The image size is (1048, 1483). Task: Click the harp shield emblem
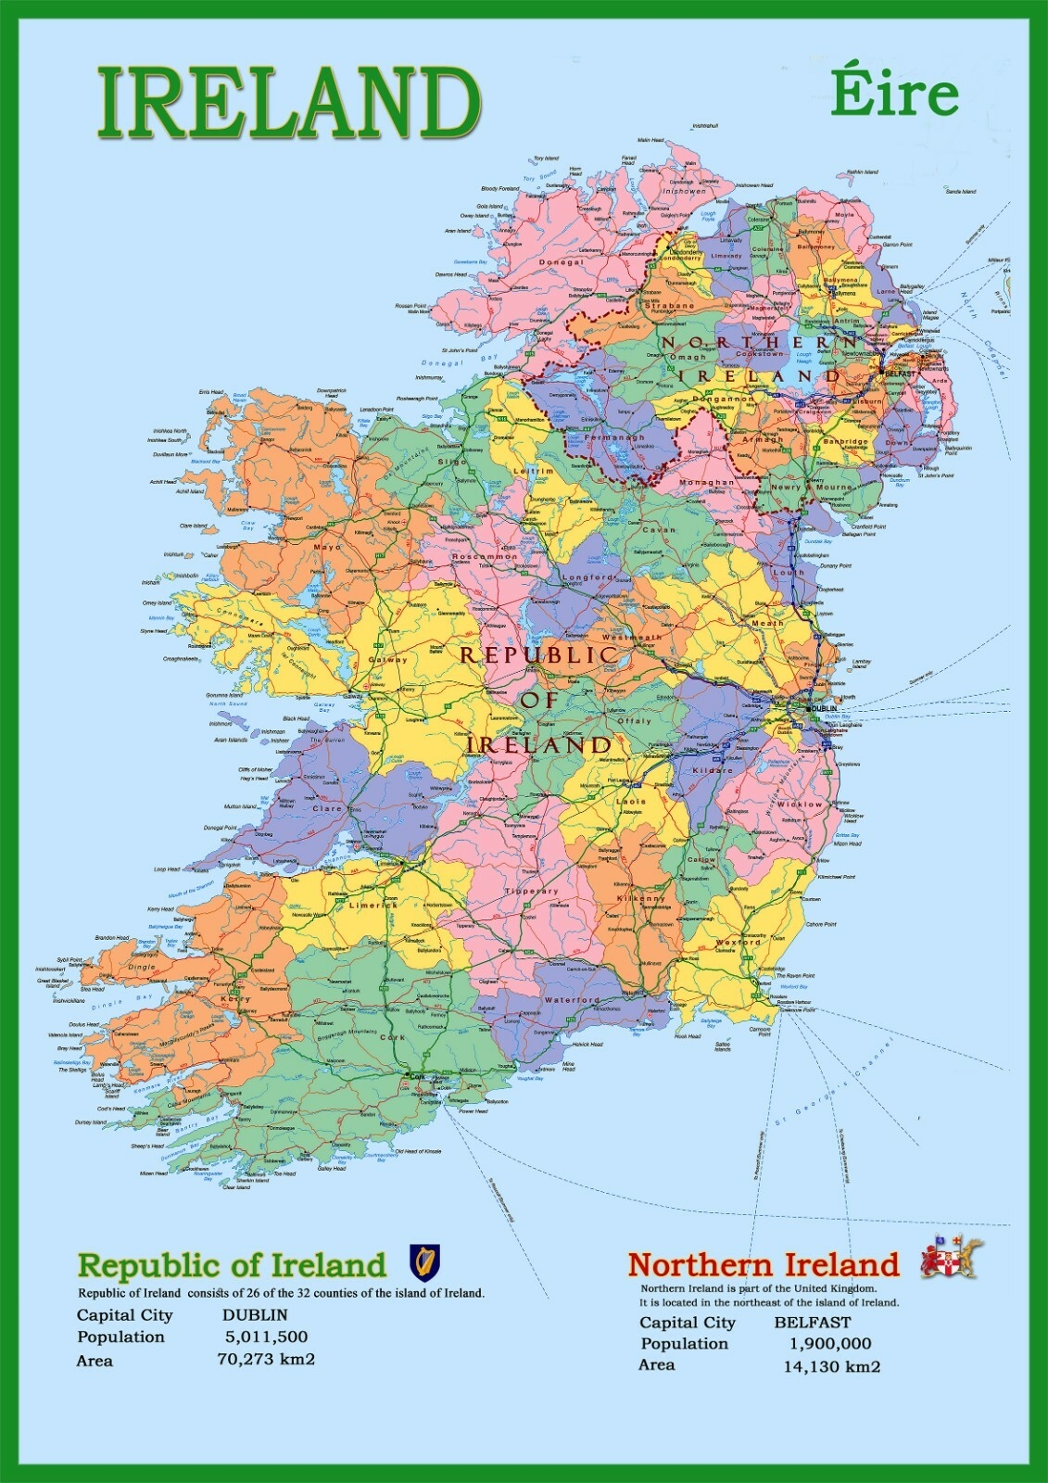coord(425,1261)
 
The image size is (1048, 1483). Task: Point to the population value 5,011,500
coord(266,1337)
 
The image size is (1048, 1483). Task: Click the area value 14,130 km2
coord(831,1366)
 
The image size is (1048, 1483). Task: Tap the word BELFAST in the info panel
coord(812,1323)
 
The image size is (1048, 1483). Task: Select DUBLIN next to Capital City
coord(255,1314)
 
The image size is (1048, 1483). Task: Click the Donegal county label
coord(562,262)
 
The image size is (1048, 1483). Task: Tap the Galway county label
coord(387,660)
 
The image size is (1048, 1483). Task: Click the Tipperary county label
coord(532,891)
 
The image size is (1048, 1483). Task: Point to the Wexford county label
coord(738,943)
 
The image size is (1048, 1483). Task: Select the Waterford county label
coord(572,1000)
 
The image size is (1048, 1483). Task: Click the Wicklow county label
coord(799,805)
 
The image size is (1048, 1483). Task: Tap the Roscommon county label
coord(484,557)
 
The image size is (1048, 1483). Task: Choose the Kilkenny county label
coord(640,898)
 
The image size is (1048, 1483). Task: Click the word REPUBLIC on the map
coord(539,654)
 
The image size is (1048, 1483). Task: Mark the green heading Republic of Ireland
coord(232,1264)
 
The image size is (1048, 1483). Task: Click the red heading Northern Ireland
coord(764,1264)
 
